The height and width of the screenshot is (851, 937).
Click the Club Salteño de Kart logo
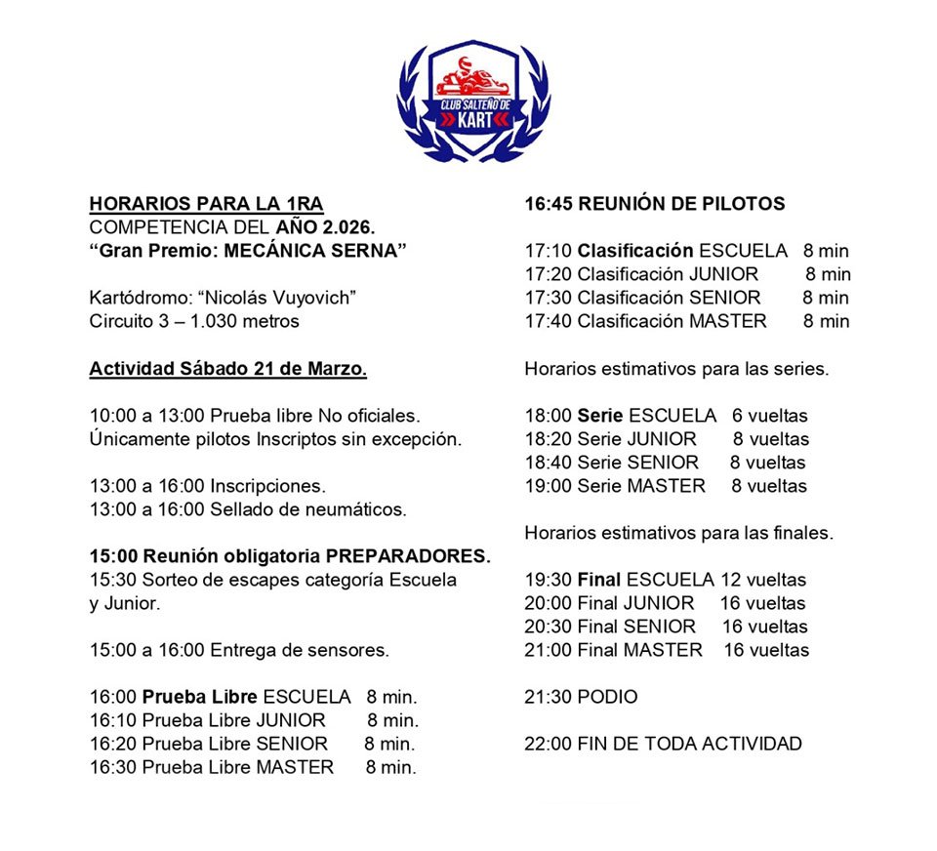[473, 101]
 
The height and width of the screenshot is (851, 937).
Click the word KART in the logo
[473, 120]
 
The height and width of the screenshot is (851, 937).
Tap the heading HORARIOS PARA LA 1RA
[206, 204]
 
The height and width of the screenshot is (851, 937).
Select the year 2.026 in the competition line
[346, 227]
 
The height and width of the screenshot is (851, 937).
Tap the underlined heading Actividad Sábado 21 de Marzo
[228, 370]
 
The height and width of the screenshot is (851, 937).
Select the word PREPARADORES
[408, 556]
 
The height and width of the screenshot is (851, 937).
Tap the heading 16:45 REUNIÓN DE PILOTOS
[654, 204]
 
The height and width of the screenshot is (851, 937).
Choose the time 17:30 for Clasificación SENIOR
[548, 298]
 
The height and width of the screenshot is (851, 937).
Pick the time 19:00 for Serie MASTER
[548, 485]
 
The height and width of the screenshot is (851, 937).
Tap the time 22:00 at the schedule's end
[548, 744]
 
